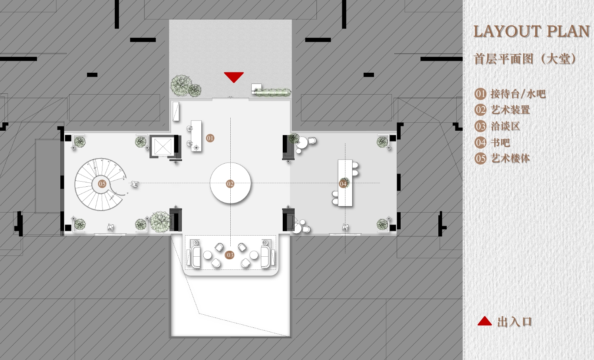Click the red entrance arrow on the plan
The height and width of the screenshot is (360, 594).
pyautogui.click(x=233, y=77)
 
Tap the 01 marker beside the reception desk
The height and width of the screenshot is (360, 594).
pyautogui.click(x=210, y=138)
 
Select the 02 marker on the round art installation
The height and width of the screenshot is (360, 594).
pyautogui.click(x=230, y=184)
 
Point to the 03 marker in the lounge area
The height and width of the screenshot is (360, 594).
pyautogui.click(x=229, y=255)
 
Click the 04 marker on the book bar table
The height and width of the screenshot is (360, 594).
pyautogui.click(x=343, y=184)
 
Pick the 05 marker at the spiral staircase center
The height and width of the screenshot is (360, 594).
pyautogui.click(x=102, y=184)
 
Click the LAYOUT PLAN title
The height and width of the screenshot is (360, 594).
pyautogui.click(x=531, y=31)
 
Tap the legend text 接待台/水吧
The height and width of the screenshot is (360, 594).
pyautogui.click(x=518, y=94)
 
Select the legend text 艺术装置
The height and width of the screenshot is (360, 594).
pyautogui.click(x=510, y=110)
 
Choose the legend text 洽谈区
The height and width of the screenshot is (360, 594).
pyautogui.click(x=505, y=126)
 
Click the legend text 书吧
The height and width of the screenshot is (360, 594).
pyautogui.click(x=500, y=143)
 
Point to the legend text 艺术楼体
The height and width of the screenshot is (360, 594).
pyautogui.click(x=510, y=159)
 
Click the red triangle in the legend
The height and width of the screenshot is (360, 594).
pyautogui.click(x=484, y=321)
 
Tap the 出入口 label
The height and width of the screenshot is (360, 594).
pyautogui.click(x=515, y=322)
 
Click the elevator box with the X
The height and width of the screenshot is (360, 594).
pyautogui.click(x=162, y=146)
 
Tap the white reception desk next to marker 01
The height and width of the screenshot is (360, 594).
pyautogui.click(x=196, y=136)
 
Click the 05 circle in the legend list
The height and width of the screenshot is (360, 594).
pyautogui.click(x=480, y=159)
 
